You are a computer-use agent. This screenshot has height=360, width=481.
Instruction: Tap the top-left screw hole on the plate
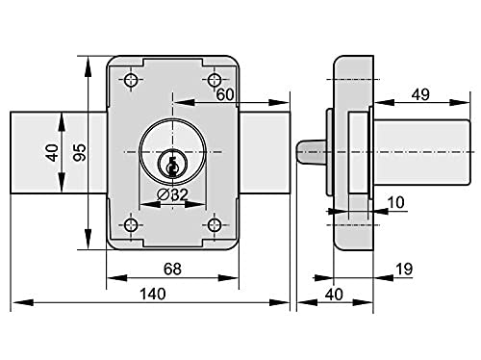(x=131, y=80)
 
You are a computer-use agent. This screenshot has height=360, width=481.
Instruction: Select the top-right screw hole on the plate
(x=214, y=80)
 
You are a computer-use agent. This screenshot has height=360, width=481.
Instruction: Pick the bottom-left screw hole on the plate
(x=131, y=225)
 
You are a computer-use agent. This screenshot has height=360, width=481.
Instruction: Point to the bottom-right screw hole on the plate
(x=214, y=225)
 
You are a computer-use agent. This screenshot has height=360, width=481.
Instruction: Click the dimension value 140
(x=152, y=294)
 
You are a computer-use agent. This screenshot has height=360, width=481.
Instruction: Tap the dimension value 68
(x=172, y=269)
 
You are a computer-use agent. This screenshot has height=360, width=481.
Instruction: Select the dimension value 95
(x=79, y=152)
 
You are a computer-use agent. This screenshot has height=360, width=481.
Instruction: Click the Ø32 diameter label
(x=172, y=194)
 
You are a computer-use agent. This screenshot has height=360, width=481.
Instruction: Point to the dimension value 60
(x=225, y=94)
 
